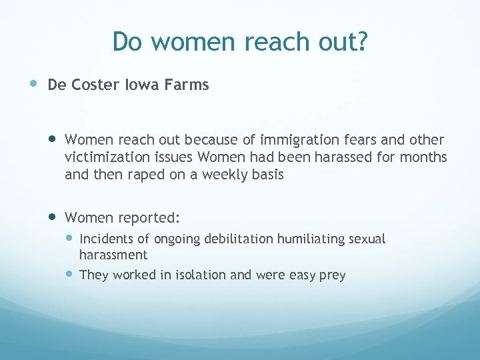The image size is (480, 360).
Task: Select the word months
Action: click(x=425, y=157)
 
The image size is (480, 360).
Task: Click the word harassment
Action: click(x=113, y=255)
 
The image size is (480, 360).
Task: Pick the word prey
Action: click(x=333, y=275)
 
